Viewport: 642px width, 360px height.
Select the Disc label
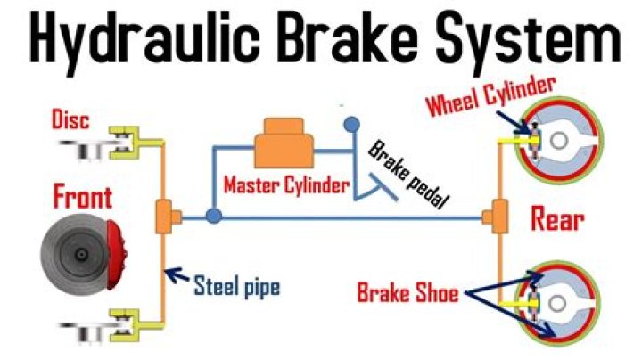coord(70,119)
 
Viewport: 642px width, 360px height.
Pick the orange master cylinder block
coord(280,144)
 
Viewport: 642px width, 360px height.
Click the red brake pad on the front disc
coord(116,249)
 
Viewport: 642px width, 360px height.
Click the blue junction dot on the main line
coord(213,216)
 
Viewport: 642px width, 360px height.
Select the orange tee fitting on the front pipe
coord(166,217)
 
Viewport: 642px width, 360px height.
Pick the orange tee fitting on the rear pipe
coord(493,216)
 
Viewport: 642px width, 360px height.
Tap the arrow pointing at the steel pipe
coord(180,279)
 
